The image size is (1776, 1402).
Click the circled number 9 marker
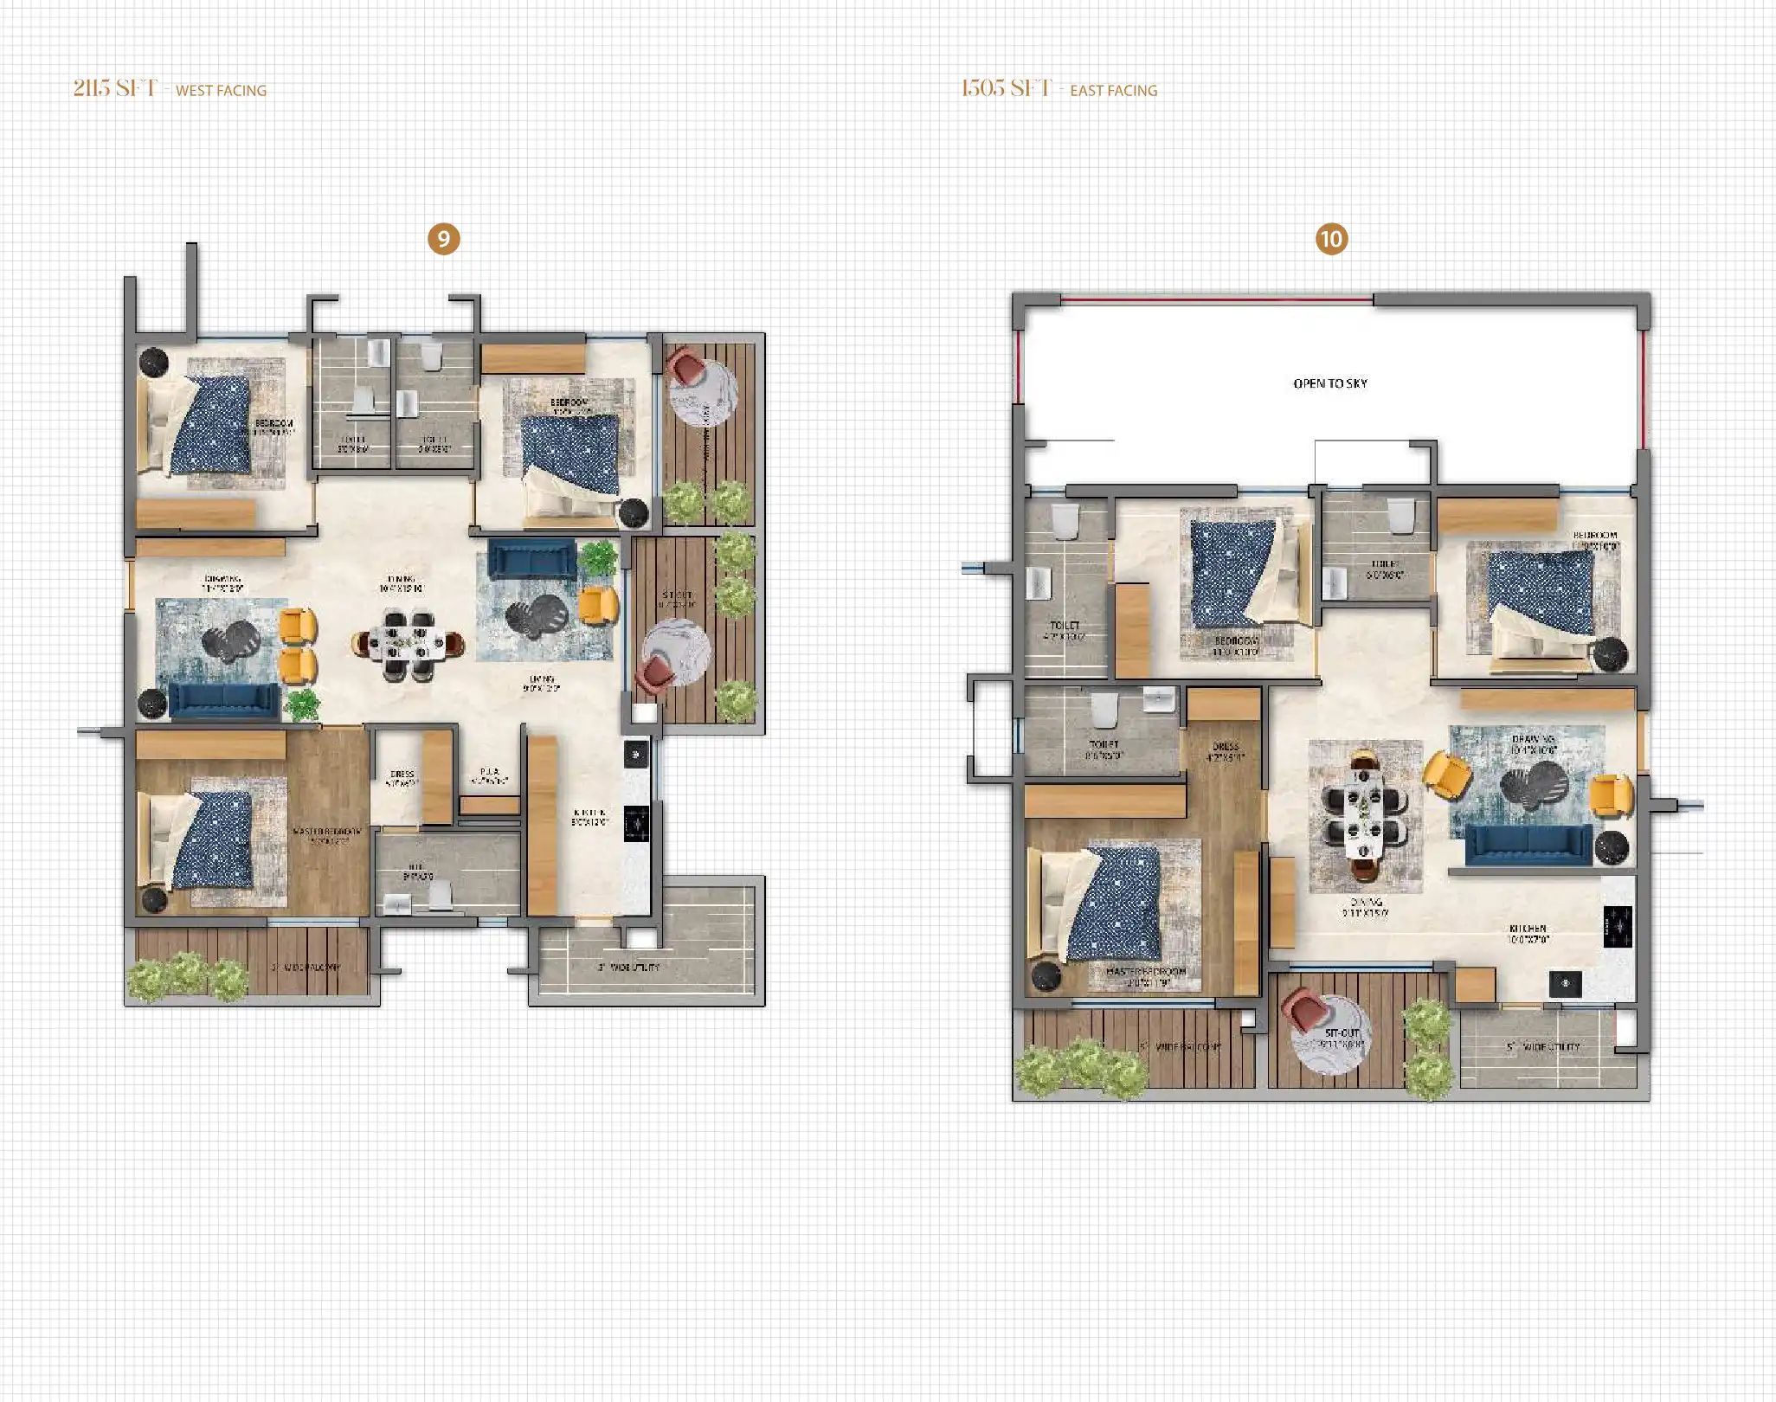tap(443, 239)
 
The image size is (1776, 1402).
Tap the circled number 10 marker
tap(1331, 239)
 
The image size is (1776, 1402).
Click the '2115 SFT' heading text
tap(115, 88)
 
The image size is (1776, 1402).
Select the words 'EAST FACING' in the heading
tap(1113, 90)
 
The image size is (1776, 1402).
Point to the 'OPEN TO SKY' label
tap(1330, 383)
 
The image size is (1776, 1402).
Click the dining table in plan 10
tap(1364, 813)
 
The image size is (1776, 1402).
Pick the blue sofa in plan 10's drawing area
tap(1528, 844)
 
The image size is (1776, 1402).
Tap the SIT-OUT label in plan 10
tap(1342, 1033)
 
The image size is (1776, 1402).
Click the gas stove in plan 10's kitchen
tap(1618, 925)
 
